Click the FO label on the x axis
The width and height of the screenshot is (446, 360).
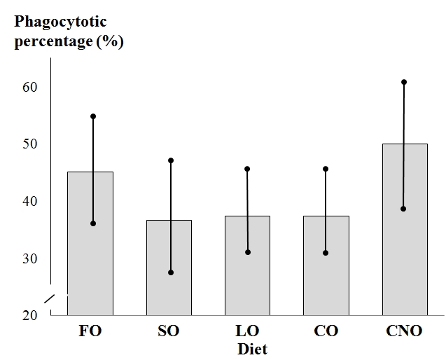90,331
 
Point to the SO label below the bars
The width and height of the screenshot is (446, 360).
168,331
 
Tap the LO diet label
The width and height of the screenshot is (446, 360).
247,331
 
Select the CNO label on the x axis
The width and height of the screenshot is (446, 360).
404,331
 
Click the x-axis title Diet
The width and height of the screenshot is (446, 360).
252,349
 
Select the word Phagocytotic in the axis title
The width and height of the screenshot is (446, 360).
61,21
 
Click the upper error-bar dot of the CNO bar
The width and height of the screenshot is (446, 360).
404,82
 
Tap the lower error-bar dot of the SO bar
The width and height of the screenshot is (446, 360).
170,272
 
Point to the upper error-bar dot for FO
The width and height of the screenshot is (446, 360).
92,116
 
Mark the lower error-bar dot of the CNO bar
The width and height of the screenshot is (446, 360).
404,209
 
